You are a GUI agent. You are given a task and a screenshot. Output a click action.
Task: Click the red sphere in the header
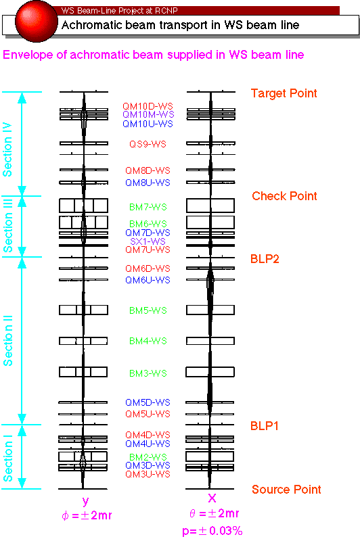click(x=37, y=21)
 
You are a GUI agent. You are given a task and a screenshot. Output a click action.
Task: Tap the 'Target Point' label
click(x=284, y=93)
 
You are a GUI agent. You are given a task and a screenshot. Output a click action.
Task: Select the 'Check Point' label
click(x=284, y=196)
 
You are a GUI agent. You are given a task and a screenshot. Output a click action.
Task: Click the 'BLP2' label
click(x=265, y=259)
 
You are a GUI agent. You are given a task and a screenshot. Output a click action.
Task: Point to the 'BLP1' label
click(x=265, y=426)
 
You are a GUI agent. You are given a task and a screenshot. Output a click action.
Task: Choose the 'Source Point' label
click(x=286, y=489)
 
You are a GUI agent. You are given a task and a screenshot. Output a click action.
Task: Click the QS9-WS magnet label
click(x=148, y=144)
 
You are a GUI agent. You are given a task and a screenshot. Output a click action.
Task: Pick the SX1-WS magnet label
click(x=148, y=241)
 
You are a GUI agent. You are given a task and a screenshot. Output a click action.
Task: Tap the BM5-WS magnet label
click(x=148, y=310)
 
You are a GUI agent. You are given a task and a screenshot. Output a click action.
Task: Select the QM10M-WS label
click(x=148, y=114)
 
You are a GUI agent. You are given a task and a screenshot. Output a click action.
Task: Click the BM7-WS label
click(x=148, y=207)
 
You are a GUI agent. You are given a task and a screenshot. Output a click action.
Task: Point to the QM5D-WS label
click(x=148, y=402)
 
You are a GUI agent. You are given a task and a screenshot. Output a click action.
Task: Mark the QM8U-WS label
click(x=148, y=183)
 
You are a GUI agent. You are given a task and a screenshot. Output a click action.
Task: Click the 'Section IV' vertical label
click(x=7, y=149)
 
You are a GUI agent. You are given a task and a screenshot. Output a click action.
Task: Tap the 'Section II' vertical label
click(x=7, y=340)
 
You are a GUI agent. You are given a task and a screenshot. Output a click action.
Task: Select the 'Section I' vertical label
click(x=7, y=458)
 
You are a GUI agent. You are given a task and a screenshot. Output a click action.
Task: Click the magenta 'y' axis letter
click(x=85, y=501)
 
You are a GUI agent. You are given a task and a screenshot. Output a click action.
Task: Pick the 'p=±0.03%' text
click(x=212, y=531)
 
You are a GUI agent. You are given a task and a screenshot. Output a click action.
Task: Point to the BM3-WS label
click(x=148, y=373)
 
